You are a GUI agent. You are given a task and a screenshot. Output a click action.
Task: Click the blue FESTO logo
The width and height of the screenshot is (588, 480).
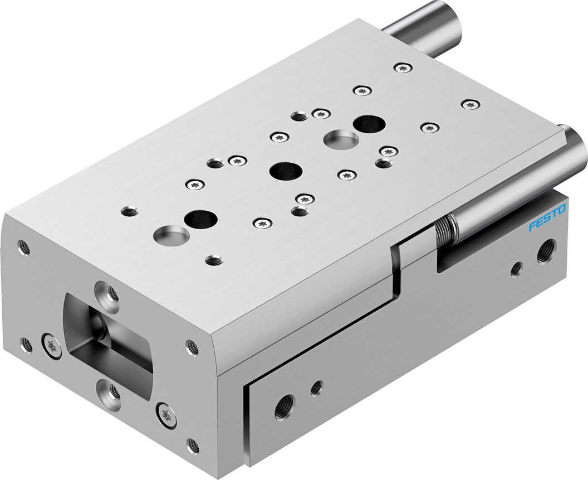[547, 217]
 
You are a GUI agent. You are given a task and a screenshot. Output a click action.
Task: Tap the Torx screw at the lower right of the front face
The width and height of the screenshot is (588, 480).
[166, 415]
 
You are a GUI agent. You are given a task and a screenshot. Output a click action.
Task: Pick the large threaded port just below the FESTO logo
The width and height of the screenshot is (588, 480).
[546, 251]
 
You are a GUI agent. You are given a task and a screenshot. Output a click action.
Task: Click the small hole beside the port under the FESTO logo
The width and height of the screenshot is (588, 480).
[516, 269]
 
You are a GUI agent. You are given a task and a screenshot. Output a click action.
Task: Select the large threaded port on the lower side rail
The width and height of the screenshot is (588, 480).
[285, 408]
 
